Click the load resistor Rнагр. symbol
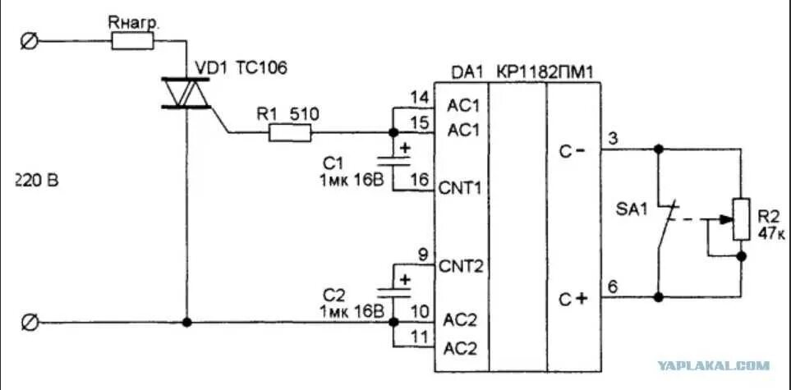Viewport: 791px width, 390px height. pos(132,41)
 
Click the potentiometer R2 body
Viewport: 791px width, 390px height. pos(742,220)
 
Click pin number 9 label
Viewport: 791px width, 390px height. pos(422,255)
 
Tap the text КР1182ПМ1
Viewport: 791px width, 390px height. pos(545,73)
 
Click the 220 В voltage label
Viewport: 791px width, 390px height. pos(36,180)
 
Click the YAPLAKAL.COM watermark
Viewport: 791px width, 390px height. pos(713,365)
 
